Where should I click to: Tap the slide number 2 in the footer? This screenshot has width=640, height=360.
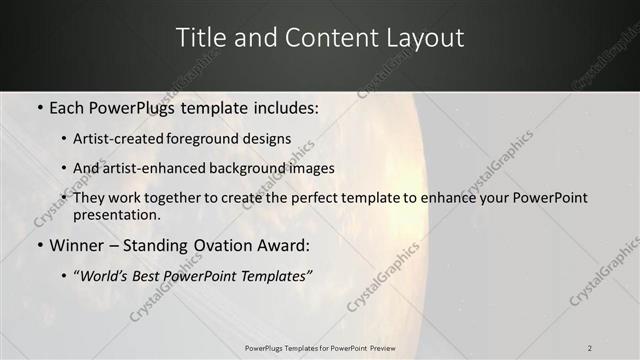[x=590, y=347]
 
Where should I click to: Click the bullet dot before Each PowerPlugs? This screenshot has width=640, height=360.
[x=39, y=107]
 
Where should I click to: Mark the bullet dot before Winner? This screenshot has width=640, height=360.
[x=39, y=245]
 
